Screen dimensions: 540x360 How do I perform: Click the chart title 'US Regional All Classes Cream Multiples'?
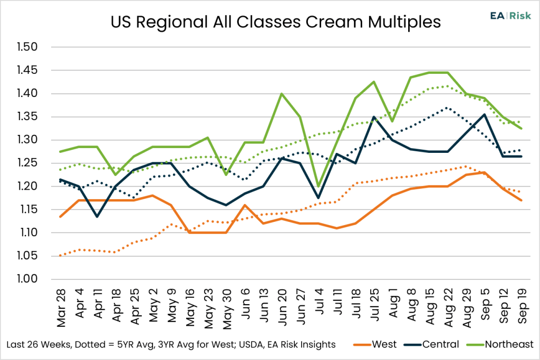(275, 22)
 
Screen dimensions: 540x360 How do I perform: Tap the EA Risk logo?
(510, 16)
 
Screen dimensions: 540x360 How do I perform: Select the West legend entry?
(375, 344)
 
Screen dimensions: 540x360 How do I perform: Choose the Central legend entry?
(431, 344)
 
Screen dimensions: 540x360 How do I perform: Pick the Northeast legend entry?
(500, 344)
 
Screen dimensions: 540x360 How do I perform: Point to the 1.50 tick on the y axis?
(27, 47)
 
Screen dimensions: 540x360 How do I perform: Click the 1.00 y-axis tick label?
(27, 279)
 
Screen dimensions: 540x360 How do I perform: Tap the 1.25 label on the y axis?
(27, 163)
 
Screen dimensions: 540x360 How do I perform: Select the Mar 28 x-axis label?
(61, 308)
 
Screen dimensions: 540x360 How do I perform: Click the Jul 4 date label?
(319, 302)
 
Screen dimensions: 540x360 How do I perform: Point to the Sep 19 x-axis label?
(522, 306)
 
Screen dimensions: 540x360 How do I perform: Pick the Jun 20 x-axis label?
(282, 307)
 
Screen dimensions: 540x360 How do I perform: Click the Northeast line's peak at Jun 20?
(282, 94)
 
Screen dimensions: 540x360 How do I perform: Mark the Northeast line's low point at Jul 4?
(319, 186)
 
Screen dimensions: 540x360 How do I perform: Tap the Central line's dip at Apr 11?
(97, 217)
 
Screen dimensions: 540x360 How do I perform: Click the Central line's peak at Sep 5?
(485, 114)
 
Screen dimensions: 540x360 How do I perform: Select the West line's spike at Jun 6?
(245, 205)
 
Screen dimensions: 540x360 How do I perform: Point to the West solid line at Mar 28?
(61, 217)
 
